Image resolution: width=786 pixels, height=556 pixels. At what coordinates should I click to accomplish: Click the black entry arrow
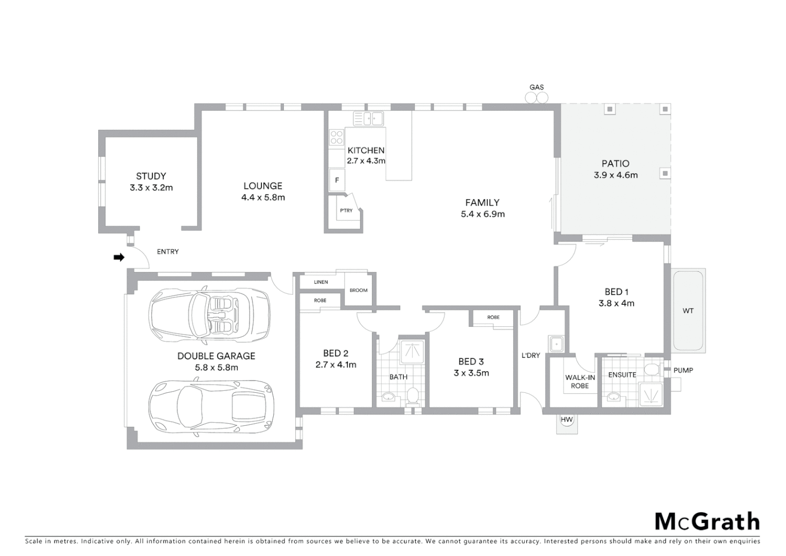(x=119, y=257)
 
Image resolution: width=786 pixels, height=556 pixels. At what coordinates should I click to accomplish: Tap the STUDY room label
(x=151, y=176)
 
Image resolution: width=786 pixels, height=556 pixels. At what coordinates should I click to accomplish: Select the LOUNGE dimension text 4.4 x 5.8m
(x=263, y=198)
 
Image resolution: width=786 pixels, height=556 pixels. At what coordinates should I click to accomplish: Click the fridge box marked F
(x=337, y=180)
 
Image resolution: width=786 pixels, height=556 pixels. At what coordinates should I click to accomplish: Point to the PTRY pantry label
(x=346, y=211)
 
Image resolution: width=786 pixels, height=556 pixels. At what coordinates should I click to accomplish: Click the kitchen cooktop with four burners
(x=336, y=137)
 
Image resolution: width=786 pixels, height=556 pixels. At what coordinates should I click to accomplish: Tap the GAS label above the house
(x=537, y=88)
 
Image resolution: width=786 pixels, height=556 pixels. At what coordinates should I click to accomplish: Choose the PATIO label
(x=615, y=164)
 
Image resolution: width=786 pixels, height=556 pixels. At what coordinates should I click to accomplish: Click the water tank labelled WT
(x=688, y=310)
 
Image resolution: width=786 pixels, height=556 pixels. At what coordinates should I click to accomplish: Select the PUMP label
(x=683, y=370)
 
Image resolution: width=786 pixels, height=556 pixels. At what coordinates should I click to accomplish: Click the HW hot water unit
(x=566, y=420)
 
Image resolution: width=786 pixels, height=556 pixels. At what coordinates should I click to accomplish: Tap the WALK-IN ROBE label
(x=580, y=381)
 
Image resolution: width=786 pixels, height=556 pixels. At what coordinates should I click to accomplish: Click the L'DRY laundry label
(x=531, y=355)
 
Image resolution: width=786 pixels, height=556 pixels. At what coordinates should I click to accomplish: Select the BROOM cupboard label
(x=359, y=290)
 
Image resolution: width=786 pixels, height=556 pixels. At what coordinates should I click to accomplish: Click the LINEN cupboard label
(x=321, y=282)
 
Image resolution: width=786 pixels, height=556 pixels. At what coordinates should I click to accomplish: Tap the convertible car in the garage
(x=209, y=315)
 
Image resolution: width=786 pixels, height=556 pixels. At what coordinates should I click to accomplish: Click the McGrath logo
(x=707, y=522)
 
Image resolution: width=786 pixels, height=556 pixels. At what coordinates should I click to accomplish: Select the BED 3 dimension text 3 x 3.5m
(x=471, y=373)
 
